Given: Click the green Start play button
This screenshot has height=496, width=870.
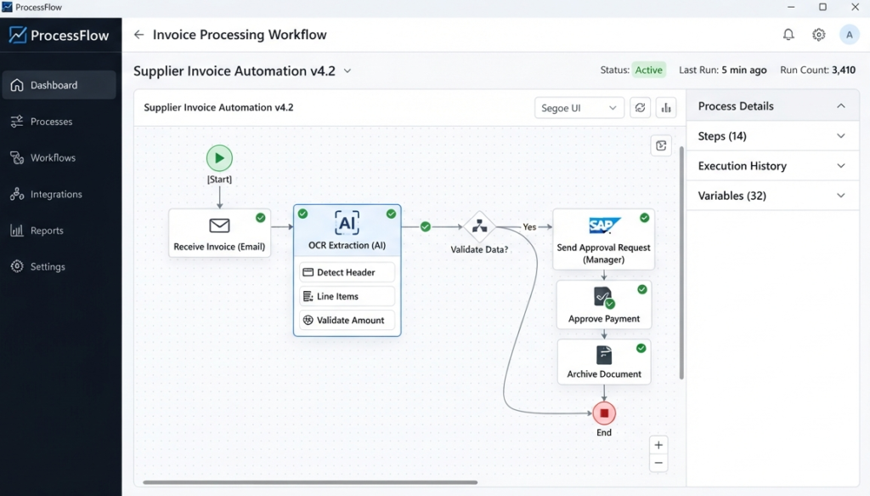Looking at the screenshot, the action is click(x=219, y=158).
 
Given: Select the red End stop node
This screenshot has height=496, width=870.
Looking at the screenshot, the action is click(x=604, y=413).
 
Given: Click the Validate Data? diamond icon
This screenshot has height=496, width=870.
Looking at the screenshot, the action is click(x=479, y=226).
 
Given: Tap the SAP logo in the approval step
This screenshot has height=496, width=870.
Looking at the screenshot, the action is click(x=604, y=225).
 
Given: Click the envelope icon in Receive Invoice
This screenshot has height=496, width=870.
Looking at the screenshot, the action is click(x=219, y=225).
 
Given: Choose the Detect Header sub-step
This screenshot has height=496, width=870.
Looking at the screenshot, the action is click(x=347, y=272).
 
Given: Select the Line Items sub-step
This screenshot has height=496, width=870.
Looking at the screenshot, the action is click(x=347, y=296).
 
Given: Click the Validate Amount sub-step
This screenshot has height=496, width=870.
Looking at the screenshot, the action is click(x=347, y=320).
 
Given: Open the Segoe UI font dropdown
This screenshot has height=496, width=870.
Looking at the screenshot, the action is click(x=579, y=108).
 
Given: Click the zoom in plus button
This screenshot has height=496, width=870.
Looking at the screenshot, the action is click(x=658, y=445).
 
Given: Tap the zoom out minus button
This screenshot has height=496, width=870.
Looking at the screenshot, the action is click(x=658, y=463).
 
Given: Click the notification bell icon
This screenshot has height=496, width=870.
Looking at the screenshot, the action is click(x=788, y=34).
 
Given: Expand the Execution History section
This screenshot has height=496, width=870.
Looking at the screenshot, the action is click(x=772, y=166).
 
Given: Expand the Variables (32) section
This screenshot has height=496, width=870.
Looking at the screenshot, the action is click(x=772, y=196).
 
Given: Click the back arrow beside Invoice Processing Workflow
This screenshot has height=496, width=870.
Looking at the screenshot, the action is click(x=138, y=34).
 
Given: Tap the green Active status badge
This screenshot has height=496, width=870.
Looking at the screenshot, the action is click(x=648, y=70).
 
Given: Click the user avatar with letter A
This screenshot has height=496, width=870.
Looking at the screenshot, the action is click(x=849, y=34).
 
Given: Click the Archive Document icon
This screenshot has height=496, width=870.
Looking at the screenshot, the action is click(x=604, y=355).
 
